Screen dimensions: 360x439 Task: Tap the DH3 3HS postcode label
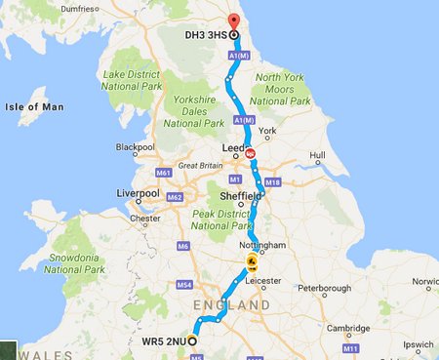pyautogui.click(x=206, y=35)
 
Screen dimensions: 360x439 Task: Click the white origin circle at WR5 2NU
pyautogui.click(x=192, y=341)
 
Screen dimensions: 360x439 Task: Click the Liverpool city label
pyautogui.click(x=139, y=194)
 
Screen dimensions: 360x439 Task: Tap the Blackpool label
pyautogui.click(x=136, y=147)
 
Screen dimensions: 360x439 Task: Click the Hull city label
pyautogui.click(x=317, y=155)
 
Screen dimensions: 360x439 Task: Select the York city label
pyautogui.click(x=269, y=130)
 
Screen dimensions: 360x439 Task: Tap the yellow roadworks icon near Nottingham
pyautogui.click(x=252, y=263)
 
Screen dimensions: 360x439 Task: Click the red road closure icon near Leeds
pyautogui.click(x=251, y=152)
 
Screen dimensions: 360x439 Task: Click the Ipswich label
pyautogui.click(x=418, y=344)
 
